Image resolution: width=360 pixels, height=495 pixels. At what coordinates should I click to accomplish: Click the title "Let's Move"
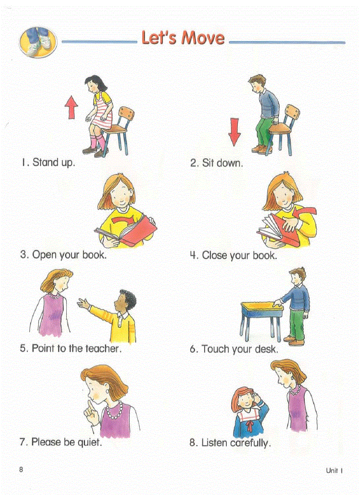183,38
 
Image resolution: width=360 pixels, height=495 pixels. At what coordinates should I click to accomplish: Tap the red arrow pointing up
71,108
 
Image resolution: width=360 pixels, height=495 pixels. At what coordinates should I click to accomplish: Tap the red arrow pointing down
235,131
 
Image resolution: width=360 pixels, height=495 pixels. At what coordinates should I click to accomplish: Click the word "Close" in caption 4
215,256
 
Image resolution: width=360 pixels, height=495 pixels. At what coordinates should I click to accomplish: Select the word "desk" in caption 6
266,350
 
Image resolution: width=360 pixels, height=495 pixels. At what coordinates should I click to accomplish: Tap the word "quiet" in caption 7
90,442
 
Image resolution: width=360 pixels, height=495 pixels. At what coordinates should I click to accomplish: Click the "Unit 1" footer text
334,470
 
